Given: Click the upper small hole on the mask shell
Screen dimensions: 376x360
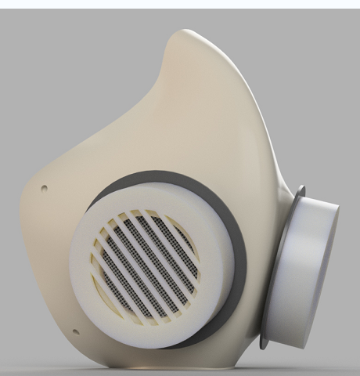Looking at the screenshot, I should (43, 187).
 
